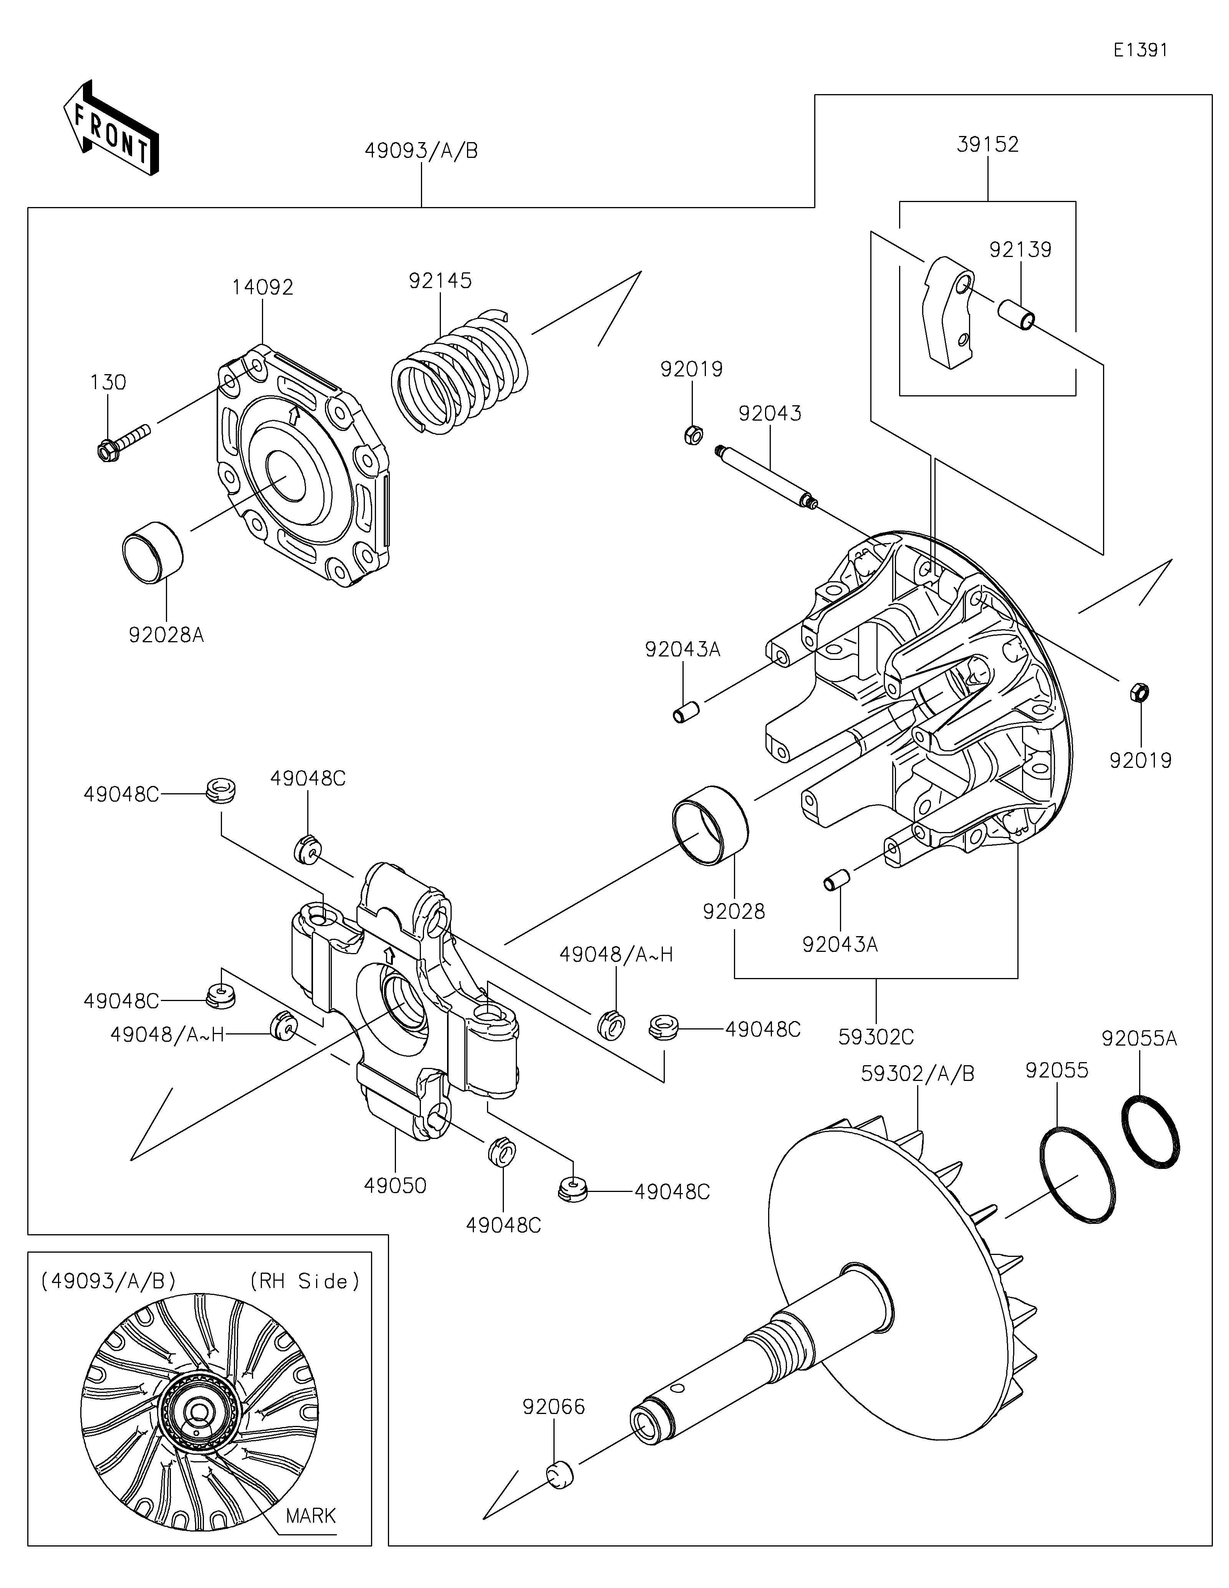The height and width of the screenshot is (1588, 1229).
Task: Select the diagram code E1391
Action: (1140, 50)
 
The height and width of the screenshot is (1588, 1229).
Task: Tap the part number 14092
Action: (263, 287)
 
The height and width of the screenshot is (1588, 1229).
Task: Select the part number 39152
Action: (988, 144)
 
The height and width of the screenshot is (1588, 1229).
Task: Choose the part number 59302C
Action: (876, 1037)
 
